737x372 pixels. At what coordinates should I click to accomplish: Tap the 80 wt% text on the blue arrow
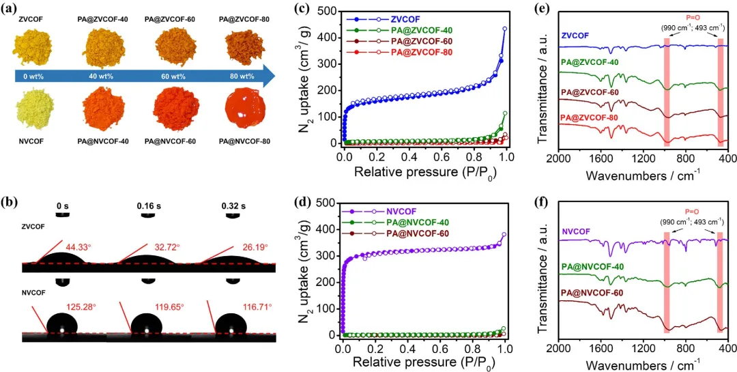(x=237, y=76)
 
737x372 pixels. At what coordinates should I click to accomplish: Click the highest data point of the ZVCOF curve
(x=504, y=29)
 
